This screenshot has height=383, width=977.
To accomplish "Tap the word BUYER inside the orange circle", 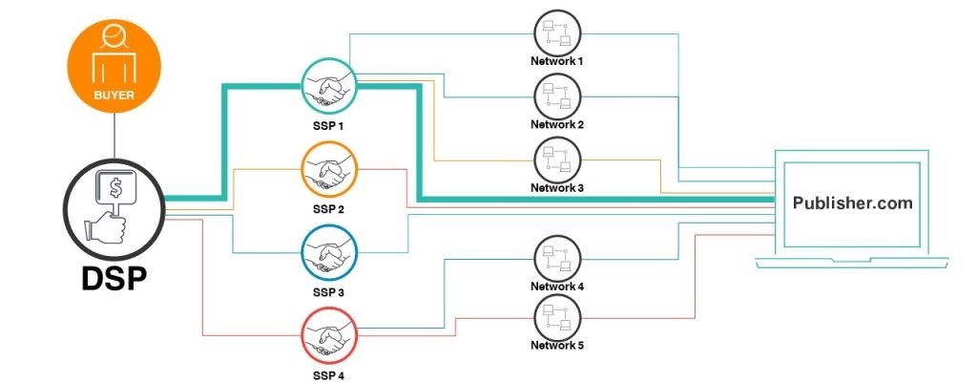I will pyautogui.click(x=114, y=96).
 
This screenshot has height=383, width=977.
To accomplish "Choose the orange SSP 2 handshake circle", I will pyautogui.click(x=328, y=170).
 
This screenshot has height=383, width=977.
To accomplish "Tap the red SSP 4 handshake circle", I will pyautogui.click(x=328, y=336).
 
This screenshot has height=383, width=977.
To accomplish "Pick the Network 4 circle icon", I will pyautogui.click(x=556, y=258).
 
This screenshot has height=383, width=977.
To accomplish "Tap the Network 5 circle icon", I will pyautogui.click(x=556, y=316).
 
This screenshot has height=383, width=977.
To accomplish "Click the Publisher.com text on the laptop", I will pyautogui.click(x=852, y=203).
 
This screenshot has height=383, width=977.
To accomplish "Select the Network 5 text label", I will pyautogui.click(x=556, y=346).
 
